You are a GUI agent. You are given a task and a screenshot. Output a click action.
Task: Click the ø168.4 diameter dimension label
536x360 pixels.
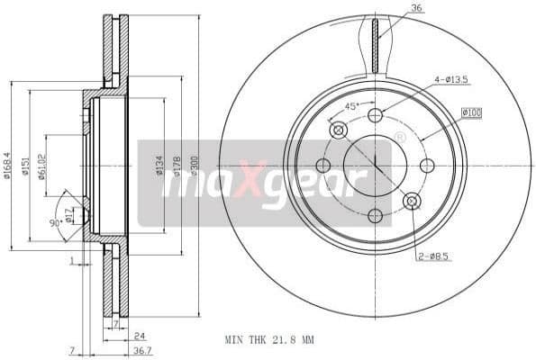pyautogui.click(x=7, y=166)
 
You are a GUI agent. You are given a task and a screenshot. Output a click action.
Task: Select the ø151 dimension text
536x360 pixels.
pyautogui.click(x=25, y=166)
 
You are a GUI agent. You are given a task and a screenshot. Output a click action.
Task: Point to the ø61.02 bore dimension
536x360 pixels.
pyautogui.click(x=41, y=166)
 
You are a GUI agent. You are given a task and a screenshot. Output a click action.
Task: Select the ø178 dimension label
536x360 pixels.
pyautogui.click(x=177, y=166)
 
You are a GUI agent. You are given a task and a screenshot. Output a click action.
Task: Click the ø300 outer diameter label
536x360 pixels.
pyautogui.click(x=194, y=166)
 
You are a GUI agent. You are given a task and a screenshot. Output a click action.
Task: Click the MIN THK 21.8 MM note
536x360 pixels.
pyautogui.click(x=269, y=340)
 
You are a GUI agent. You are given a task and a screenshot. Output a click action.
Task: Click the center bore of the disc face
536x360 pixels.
pyautogui.click(x=375, y=166)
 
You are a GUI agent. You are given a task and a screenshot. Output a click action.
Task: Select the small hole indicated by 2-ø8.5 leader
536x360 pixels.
pyautogui.click(x=412, y=201)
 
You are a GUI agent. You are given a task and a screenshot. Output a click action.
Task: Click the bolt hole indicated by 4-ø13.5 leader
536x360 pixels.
pyautogui.click(x=375, y=115)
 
